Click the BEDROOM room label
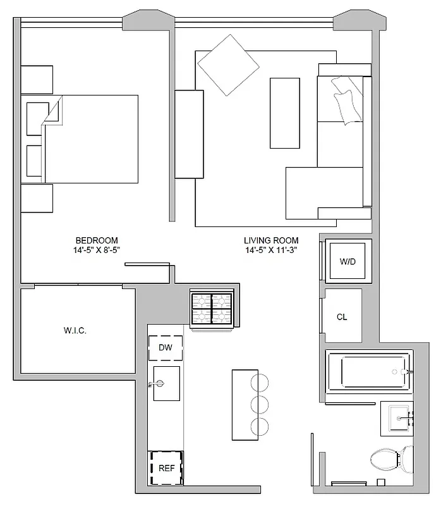[97, 240]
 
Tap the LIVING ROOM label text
[271, 240]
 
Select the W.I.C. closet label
[75, 330]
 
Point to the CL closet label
[342, 317]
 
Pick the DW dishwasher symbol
[166, 347]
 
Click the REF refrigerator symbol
[166, 469]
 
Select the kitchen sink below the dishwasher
[166, 383]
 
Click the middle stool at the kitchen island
[259, 404]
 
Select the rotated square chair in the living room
[228, 65]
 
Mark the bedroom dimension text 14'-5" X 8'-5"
[97, 250]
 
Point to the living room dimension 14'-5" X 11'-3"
[272, 250]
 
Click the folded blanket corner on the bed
[52, 113]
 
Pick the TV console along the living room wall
[189, 134]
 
